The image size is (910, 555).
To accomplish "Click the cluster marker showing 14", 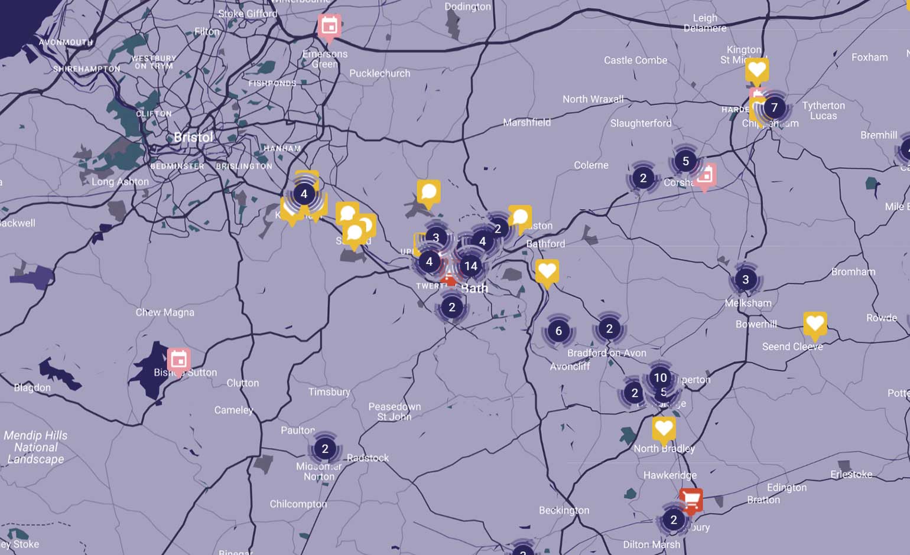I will coord(470,266).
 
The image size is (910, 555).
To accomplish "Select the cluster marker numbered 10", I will coord(660,377).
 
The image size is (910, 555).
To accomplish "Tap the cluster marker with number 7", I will coord(774,107).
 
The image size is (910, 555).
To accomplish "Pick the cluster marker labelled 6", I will coord(558,331).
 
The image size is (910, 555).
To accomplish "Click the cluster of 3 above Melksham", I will coord(745,279).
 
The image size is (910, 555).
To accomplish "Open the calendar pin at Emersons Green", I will coord(329,26).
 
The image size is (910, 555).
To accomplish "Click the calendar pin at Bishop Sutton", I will coord(178,359).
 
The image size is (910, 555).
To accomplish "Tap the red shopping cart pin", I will coord(691,500).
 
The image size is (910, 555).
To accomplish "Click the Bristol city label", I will coord(193,138).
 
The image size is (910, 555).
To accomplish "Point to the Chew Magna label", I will coord(165,312).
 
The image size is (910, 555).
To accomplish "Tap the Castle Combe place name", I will coord(635,60).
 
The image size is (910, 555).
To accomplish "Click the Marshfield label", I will coord(526,122).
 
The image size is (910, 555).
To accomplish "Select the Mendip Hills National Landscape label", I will coord(35,447).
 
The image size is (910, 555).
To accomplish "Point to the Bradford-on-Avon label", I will coord(606,353).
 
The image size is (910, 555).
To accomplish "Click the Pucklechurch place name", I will coord(379,73).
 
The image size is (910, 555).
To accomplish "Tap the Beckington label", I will coord(564,510).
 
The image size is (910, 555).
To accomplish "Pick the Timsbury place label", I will coord(329,391).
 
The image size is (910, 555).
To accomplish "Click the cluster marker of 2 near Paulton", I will coord(324,449).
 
